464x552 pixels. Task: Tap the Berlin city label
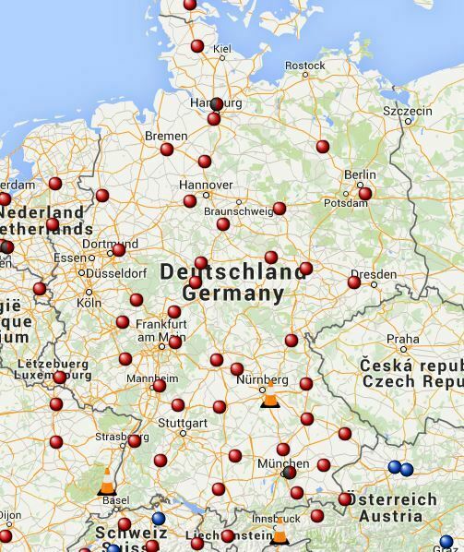pyautogui.click(x=360, y=174)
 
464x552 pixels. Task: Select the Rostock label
pyautogui.click(x=304, y=66)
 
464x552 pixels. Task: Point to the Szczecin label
pyautogui.click(x=407, y=112)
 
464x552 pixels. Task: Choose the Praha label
pyautogui.click(x=403, y=339)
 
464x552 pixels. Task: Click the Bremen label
pyautogui.click(x=165, y=136)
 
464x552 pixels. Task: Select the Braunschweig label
pyautogui.click(x=238, y=211)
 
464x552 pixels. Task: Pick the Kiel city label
pyautogui.click(x=222, y=49)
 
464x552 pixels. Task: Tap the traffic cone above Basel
pyautogui.click(x=107, y=481)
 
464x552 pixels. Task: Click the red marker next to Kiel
pyautogui.click(x=197, y=46)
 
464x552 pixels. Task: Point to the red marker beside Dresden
pyautogui.click(x=354, y=282)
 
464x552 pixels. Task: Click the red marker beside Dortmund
pyautogui.click(x=118, y=250)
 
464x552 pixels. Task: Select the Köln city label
pyautogui.click(x=89, y=303)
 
